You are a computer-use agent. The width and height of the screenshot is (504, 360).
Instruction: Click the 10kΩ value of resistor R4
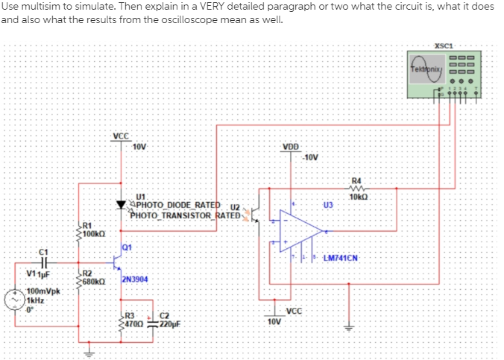356,197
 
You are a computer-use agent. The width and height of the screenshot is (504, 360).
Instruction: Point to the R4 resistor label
356,181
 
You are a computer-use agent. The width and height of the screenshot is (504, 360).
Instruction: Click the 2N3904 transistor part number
135,279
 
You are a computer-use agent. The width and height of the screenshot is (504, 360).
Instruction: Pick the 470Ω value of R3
134,324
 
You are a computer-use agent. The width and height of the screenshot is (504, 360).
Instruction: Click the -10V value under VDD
309,157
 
